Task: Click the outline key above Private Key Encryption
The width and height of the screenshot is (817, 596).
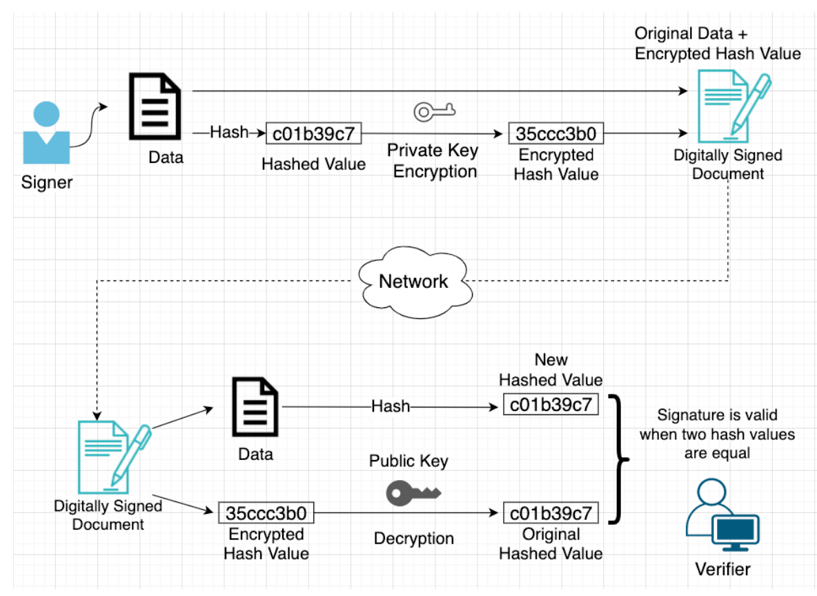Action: (434, 110)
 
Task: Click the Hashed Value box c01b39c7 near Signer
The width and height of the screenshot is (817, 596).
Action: (314, 133)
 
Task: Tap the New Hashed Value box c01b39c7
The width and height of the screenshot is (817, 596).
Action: (550, 405)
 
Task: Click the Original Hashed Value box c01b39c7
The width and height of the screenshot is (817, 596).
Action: (550, 513)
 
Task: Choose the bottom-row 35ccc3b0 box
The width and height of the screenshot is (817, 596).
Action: (266, 513)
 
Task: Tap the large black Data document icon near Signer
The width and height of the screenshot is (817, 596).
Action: (155, 107)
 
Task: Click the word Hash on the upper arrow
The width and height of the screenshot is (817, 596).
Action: (228, 132)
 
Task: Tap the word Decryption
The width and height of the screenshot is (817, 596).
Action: (413, 539)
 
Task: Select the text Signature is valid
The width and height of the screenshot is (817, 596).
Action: (717, 415)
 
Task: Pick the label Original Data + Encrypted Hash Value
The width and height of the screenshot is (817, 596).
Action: (717, 43)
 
